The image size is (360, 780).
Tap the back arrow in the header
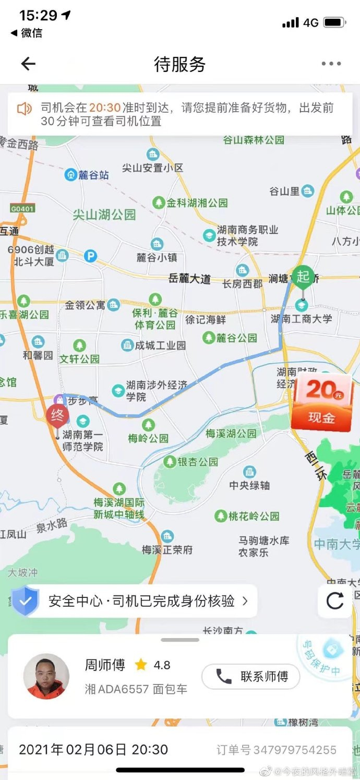pyautogui.click(x=28, y=64)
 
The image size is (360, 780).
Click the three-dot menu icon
pyautogui.click(x=331, y=64)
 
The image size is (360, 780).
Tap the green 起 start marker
pyautogui.click(x=303, y=276)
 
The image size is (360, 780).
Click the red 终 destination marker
pyautogui.click(x=57, y=416)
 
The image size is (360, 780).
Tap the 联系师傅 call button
pyautogui.click(x=251, y=677)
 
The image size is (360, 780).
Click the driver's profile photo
pyautogui.click(x=46, y=677)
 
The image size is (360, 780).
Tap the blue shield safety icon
pyautogui.click(x=26, y=601)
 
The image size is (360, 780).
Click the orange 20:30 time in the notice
pyautogui.click(x=104, y=108)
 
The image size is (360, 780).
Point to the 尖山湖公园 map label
pyautogui.click(x=104, y=214)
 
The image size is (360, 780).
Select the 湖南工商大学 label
pyautogui.click(x=302, y=318)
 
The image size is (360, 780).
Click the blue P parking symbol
pyautogui.click(x=91, y=256)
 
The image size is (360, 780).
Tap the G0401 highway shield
pyautogui.click(x=21, y=209)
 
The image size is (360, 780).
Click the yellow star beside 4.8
pyautogui.click(x=140, y=665)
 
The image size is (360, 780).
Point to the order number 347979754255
pyautogui.click(x=295, y=750)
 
